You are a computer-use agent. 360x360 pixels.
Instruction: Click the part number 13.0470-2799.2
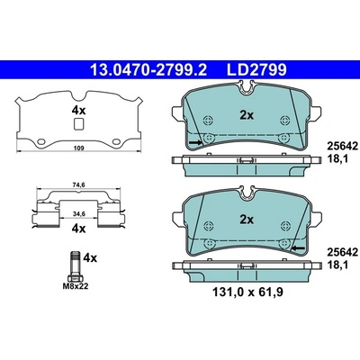click(x=148, y=70)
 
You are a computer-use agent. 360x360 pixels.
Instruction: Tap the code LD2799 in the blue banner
click(x=256, y=70)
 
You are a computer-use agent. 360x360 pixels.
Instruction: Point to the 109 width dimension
click(x=79, y=148)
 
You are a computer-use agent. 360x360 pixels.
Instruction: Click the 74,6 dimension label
click(x=79, y=185)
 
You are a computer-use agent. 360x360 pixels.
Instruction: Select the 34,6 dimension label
click(x=79, y=213)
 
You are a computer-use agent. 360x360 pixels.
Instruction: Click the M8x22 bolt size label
click(x=76, y=286)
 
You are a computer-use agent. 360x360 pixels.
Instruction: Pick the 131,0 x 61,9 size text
click(x=247, y=292)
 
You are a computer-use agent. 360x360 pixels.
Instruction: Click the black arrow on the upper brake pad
click(x=195, y=142)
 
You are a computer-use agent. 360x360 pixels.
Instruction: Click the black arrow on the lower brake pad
click(x=298, y=247)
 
